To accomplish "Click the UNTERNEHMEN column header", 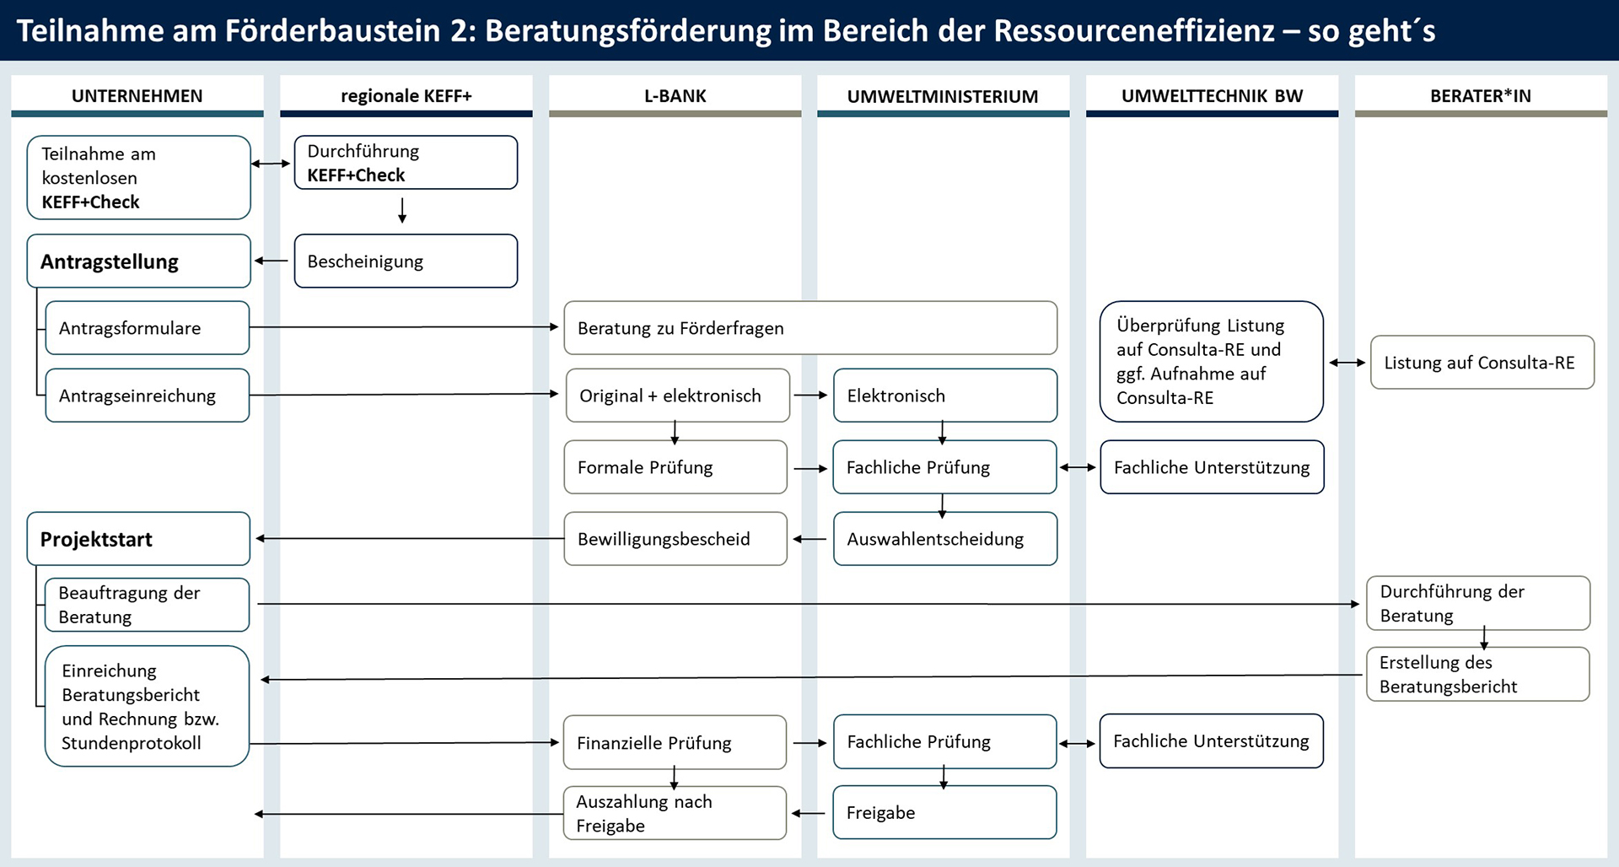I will tap(137, 96).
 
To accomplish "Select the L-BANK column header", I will tap(675, 96).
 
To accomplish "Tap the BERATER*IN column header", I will tap(1480, 96).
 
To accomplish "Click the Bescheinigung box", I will tap(406, 261).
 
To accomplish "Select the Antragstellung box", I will tap(138, 261).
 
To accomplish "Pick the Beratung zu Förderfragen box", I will tap(809, 328).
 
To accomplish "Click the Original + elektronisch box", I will tap(677, 396).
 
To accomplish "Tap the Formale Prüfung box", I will tap(675, 467).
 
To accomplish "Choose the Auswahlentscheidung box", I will tap(944, 539).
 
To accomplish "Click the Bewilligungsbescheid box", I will tap(675, 539).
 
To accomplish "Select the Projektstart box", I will tap(138, 539).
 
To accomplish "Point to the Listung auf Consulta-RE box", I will tap(1482, 363).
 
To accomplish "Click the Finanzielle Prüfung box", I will tap(675, 742).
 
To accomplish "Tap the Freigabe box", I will tap(944, 812).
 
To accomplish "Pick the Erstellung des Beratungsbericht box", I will tap(1477, 674).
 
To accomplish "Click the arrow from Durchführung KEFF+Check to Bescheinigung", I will tap(402, 210).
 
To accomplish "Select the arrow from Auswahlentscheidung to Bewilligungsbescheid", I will tap(809, 539).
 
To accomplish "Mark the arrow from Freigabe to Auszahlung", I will tap(809, 813).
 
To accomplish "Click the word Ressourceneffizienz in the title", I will tap(1134, 30).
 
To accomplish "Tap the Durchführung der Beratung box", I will tap(1477, 603).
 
